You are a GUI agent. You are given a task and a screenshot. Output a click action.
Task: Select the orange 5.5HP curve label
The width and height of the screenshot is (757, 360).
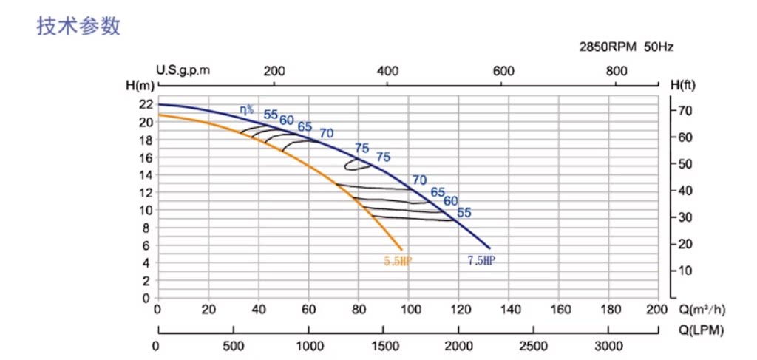coord(397,260)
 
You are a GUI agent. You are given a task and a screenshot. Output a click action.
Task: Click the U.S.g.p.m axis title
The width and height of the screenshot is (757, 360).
coord(183,71)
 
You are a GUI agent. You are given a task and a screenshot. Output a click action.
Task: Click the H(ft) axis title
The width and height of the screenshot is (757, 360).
coord(683,85)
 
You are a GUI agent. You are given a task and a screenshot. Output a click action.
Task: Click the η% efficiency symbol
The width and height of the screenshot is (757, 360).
coord(246,109)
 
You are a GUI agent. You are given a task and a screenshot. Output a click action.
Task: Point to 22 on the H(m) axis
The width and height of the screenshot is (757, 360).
coord(145,104)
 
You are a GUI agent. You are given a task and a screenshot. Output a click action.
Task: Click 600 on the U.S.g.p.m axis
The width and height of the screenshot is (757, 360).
coord(503,71)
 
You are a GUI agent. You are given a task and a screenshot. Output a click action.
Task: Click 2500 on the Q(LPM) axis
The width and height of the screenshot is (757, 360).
coord(534,346)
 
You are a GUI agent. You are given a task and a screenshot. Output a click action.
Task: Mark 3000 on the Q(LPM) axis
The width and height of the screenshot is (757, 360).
coord(609,346)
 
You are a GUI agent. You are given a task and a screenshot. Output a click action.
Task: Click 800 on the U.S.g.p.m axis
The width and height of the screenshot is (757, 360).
coord(617,71)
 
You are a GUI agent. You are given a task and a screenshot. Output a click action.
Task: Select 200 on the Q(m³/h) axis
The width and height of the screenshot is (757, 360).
coord(657,309)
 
